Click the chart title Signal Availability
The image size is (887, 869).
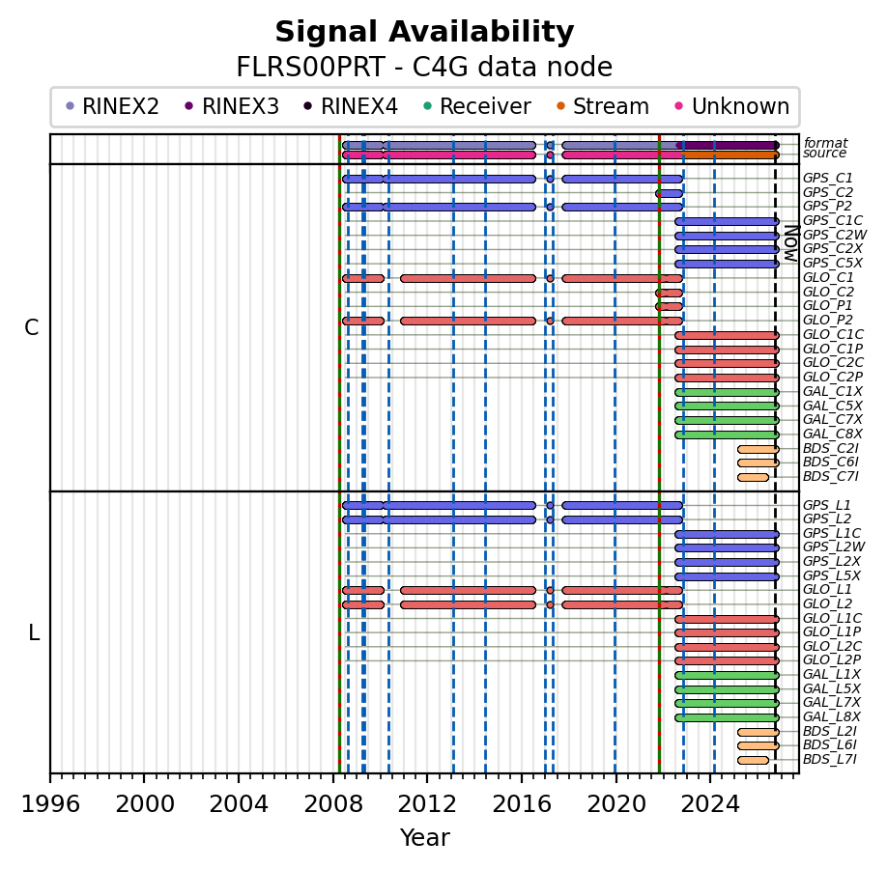pyautogui.click(x=424, y=32)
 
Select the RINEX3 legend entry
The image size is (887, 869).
pyautogui.click(x=233, y=106)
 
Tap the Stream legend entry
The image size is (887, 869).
pyautogui.click(x=603, y=106)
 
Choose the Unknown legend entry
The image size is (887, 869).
pyautogui.click(x=732, y=106)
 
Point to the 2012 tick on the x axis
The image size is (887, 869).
pyautogui.click(x=427, y=773)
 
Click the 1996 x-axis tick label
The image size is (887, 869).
pyautogui.click(x=50, y=803)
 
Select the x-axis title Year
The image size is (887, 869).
pyautogui.click(x=425, y=838)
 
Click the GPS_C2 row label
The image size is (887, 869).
pyautogui.click(x=828, y=193)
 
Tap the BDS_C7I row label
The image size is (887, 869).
pyautogui.click(x=830, y=477)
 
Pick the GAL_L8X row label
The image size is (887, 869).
pyautogui.click(x=832, y=716)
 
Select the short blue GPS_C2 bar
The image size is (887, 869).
pyautogui.click(x=670, y=193)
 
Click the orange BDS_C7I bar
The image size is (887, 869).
pyautogui.click(x=753, y=477)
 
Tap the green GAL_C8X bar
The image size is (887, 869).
pyautogui.click(x=727, y=434)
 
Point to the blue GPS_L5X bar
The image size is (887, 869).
pyautogui.click(x=727, y=576)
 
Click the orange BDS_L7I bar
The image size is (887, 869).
pyautogui.click(x=753, y=761)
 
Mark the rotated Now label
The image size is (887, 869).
pyautogui.click(x=792, y=243)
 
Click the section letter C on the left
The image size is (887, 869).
pyautogui.click(x=32, y=328)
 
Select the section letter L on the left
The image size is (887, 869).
pyautogui.click(x=34, y=633)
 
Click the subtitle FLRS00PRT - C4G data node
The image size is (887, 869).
pyautogui.click(x=424, y=68)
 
